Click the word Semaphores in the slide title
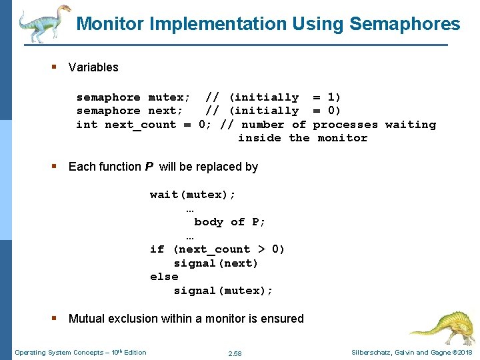click(x=405, y=25)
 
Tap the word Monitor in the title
click(x=111, y=25)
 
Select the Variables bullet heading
click(x=93, y=67)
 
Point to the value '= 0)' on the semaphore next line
click(x=327, y=111)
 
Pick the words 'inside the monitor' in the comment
click(x=303, y=138)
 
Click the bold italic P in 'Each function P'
click(x=149, y=167)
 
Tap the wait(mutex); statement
click(x=193, y=195)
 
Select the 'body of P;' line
click(x=230, y=222)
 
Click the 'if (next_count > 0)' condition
click(x=217, y=249)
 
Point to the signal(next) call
click(x=215, y=263)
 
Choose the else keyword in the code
click(x=164, y=277)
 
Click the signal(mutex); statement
click(x=223, y=291)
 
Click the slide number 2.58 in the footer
click(x=235, y=353)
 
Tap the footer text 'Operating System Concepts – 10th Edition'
click(x=80, y=352)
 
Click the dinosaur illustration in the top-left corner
click(x=43, y=23)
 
